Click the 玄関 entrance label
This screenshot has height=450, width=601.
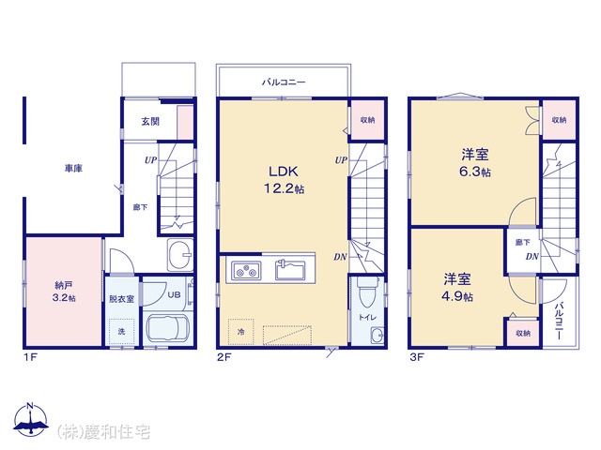(150, 121)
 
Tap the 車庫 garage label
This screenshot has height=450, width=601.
(73, 168)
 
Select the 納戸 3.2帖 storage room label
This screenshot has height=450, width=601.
(64, 292)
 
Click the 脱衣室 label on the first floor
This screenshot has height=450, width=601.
(121, 299)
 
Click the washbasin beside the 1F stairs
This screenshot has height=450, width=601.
(180, 255)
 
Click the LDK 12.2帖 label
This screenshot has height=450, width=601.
(284, 180)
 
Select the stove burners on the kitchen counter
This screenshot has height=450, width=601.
(246, 271)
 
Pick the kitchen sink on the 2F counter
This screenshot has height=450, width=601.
(290, 269)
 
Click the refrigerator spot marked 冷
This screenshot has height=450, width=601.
(241, 332)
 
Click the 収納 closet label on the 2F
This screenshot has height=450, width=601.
(367, 120)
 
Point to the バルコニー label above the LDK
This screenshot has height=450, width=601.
(284, 82)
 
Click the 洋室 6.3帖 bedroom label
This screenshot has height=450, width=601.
(475, 163)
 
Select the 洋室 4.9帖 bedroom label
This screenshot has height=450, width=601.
(457, 288)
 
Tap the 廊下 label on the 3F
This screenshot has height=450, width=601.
(523, 242)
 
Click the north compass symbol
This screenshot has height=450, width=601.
(31, 419)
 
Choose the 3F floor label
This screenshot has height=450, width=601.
(417, 357)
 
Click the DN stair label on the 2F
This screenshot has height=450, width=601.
(340, 257)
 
